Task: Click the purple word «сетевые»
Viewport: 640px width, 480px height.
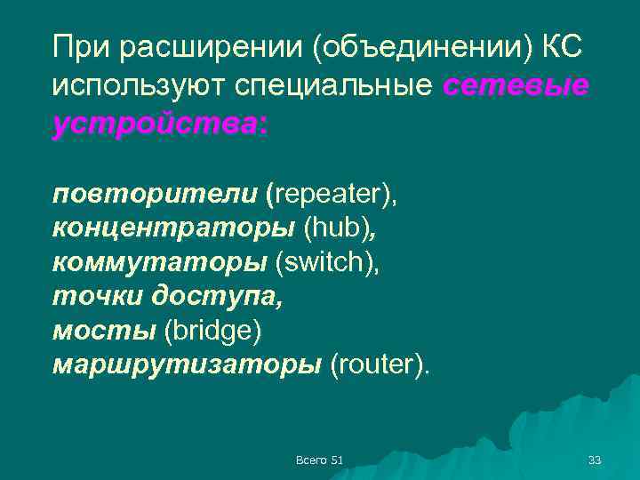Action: click(x=516, y=86)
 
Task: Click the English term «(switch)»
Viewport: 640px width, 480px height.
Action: click(x=326, y=262)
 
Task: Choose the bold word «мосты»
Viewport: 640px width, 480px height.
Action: click(x=102, y=331)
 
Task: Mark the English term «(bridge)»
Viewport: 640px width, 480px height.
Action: click(x=213, y=331)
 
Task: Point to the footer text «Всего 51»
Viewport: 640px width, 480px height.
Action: click(x=319, y=460)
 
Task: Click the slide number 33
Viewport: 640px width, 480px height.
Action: click(x=595, y=460)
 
